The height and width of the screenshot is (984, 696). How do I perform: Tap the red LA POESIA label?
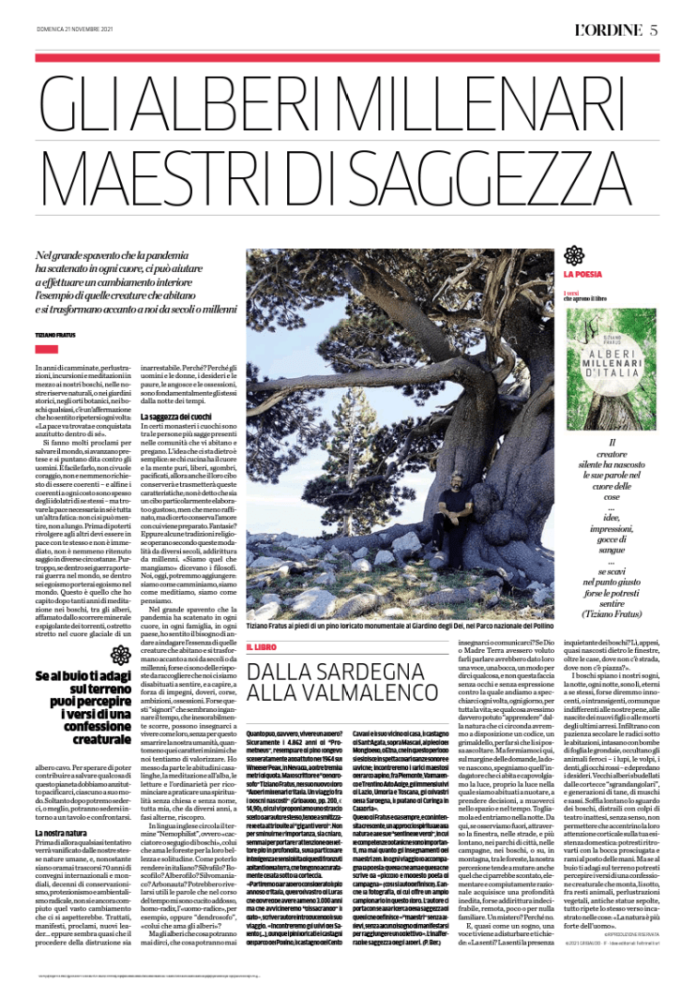[583, 275]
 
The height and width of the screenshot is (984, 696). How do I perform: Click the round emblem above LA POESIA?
[573, 254]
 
